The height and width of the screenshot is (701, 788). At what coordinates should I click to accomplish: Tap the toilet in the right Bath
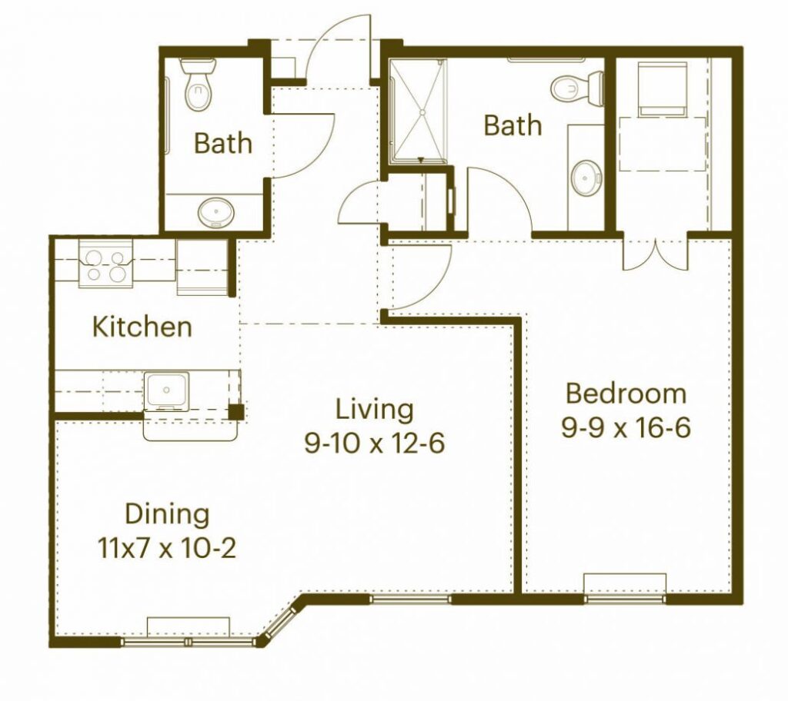click(577, 88)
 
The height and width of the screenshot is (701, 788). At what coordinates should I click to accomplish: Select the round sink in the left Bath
click(216, 213)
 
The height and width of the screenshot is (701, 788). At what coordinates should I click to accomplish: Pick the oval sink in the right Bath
click(586, 178)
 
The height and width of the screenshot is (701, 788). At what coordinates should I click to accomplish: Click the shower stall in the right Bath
click(418, 111)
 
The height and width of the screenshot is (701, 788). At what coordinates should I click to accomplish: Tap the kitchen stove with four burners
click(105, 264)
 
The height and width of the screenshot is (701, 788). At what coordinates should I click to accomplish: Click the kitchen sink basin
click(166, 391)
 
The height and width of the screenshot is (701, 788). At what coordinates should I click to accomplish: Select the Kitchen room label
click(142, 327)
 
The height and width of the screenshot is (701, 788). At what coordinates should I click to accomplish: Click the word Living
click(375, 409)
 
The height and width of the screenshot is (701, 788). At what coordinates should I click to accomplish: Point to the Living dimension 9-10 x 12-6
click(375, 444)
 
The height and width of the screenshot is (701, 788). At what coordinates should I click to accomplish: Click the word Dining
click(167, 515)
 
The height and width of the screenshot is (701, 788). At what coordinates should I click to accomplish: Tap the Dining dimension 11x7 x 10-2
click(166, 549)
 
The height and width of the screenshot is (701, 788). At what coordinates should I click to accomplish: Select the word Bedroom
click(626, 394)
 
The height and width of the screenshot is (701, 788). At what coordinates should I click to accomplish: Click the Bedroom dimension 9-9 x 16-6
click(626, 428)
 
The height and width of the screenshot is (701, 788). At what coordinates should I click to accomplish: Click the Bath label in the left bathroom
click(223, 143)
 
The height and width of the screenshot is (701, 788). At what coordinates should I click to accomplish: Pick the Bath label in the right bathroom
click(513, 125)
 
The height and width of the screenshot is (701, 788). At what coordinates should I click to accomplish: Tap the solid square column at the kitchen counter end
click(236, 412)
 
